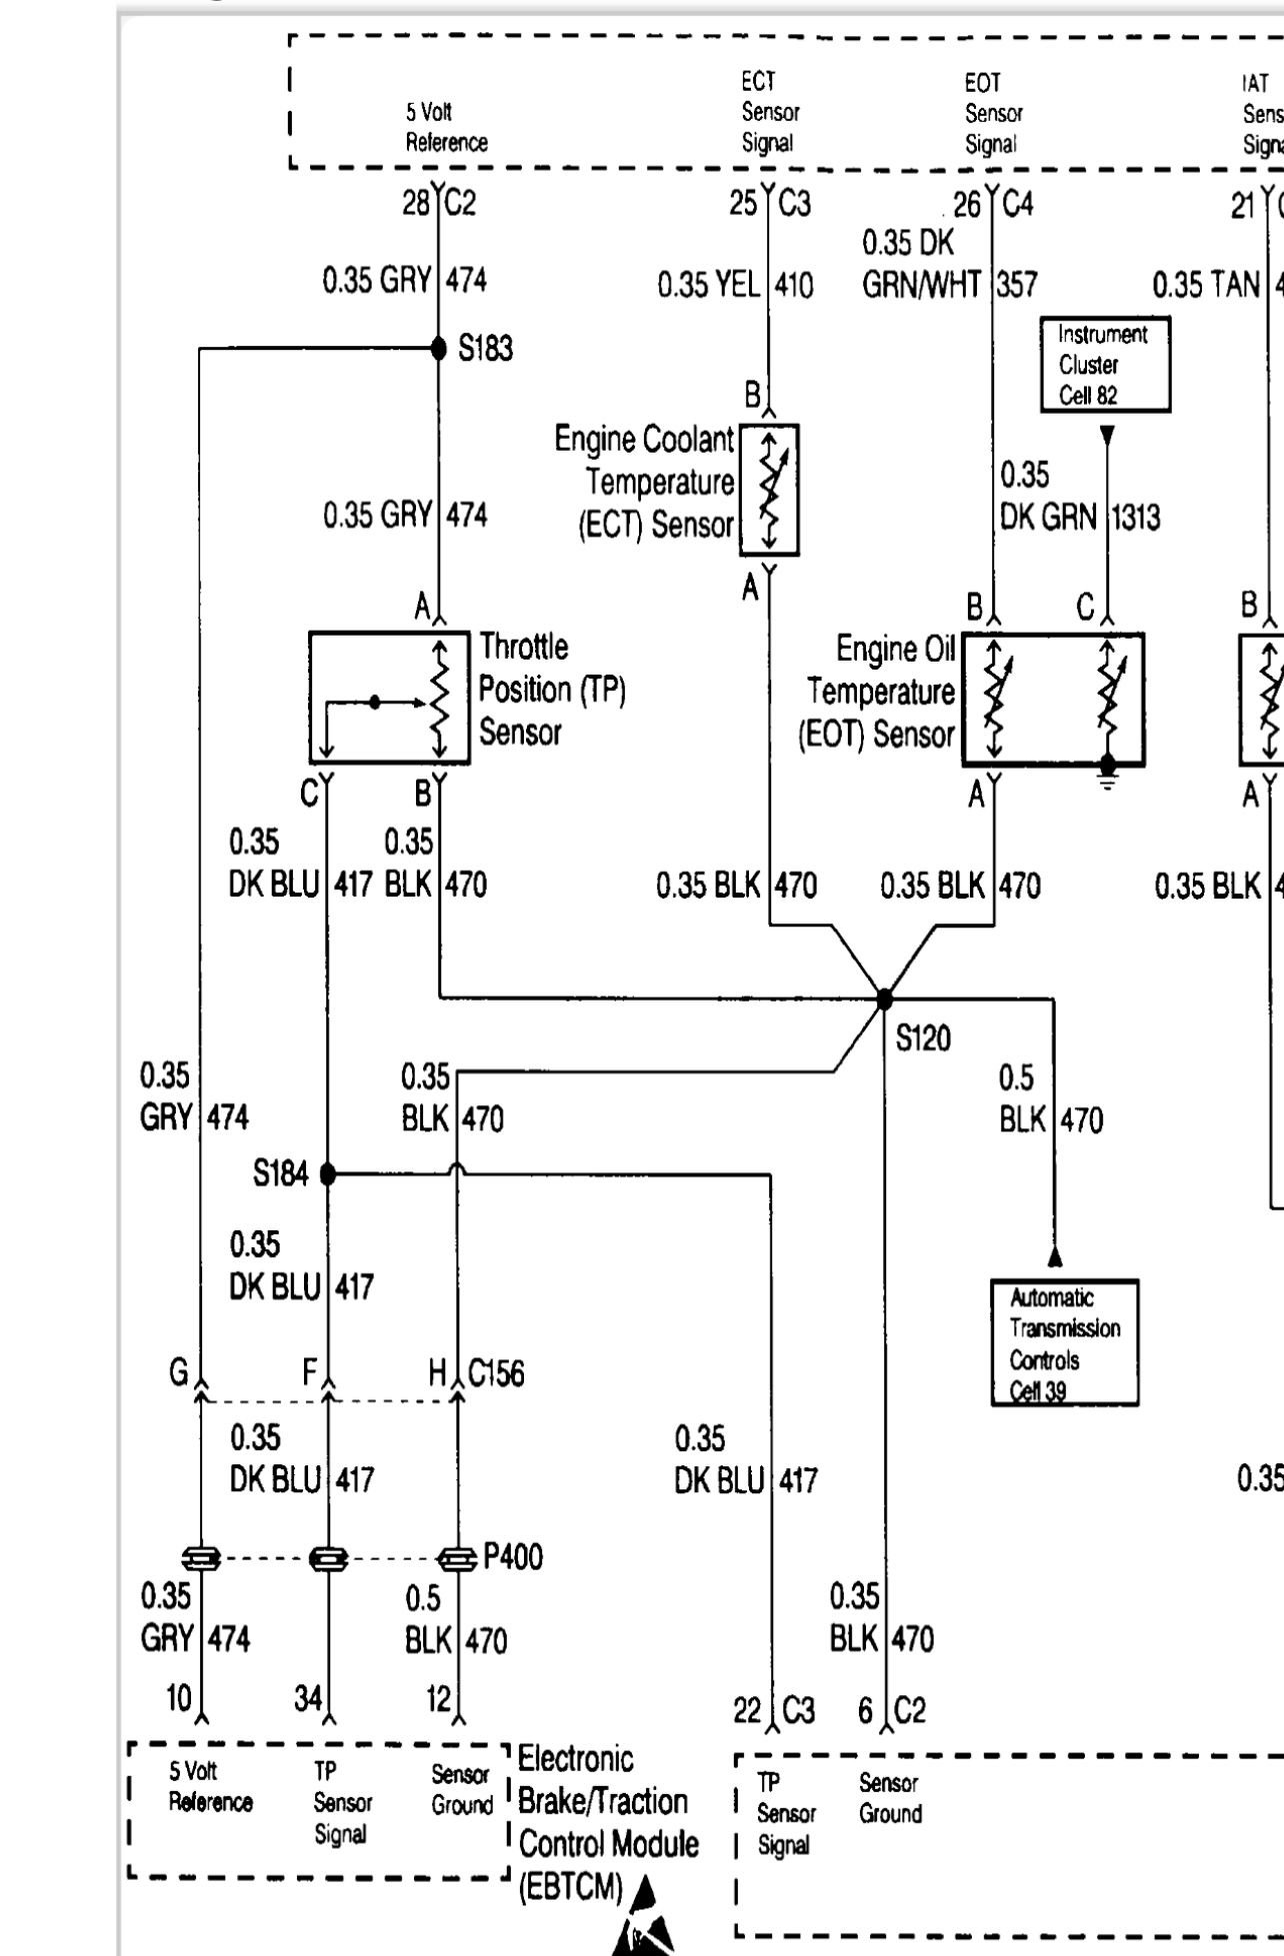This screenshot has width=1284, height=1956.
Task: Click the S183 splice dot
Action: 438,348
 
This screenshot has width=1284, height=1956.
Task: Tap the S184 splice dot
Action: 328,1174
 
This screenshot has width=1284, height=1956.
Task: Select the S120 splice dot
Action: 884,997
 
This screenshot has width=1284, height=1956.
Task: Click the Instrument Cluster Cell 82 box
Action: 1104,365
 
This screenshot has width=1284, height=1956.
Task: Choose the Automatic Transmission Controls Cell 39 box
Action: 1064,1343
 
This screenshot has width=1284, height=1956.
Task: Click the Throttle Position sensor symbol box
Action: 389,698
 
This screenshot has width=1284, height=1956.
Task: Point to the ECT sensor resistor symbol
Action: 769,490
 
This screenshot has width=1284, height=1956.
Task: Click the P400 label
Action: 513,1557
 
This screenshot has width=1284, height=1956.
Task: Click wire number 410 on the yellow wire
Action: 794,287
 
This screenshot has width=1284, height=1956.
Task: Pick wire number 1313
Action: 1136,518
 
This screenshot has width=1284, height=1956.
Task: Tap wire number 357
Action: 1017,286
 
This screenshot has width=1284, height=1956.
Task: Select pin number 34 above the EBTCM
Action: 307,1698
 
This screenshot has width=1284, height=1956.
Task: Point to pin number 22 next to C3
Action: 747,1711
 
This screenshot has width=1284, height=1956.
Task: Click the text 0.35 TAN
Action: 1205,285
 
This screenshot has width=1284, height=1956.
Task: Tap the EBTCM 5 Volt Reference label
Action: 210,1787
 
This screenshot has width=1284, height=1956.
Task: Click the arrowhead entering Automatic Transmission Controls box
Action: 1054,1257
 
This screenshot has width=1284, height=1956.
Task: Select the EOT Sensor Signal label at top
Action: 992,113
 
